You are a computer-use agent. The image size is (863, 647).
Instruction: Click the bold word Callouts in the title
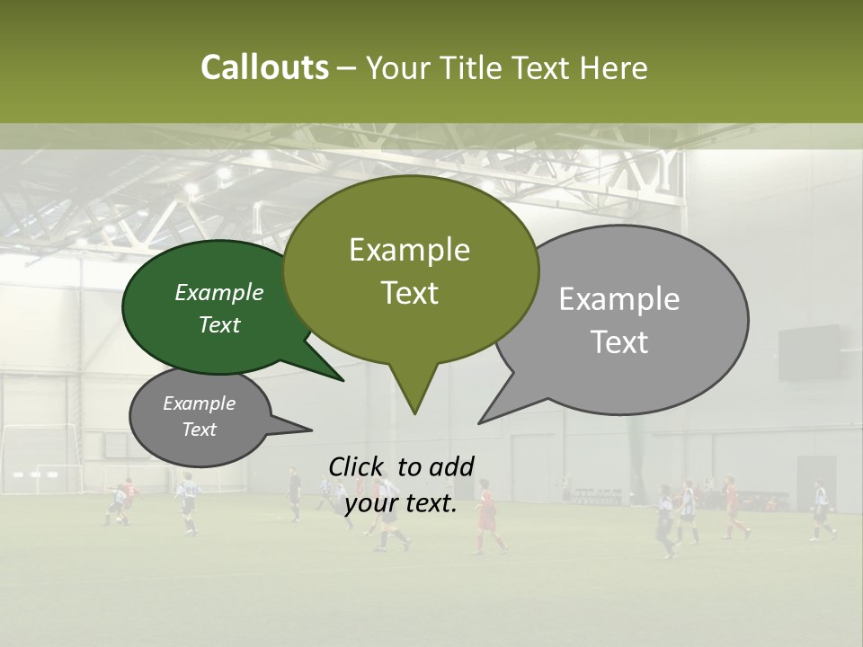coord(264,67)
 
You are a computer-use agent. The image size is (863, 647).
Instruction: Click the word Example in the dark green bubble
coord(219,292)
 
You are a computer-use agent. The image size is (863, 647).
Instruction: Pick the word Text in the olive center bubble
coord(410,293)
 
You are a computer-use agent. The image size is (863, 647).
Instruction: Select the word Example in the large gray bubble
coord(619,299)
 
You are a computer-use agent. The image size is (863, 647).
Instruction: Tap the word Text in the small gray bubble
coord(200,430)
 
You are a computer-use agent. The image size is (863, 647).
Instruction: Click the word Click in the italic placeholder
coord(356,466)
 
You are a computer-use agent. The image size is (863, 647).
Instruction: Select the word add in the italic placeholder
coord(450,466)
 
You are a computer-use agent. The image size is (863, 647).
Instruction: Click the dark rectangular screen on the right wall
coord(808,353)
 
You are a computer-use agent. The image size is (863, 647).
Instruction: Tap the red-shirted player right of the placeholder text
coord(488,517)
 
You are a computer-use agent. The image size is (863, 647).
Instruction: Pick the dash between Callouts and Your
coord(347,68)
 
